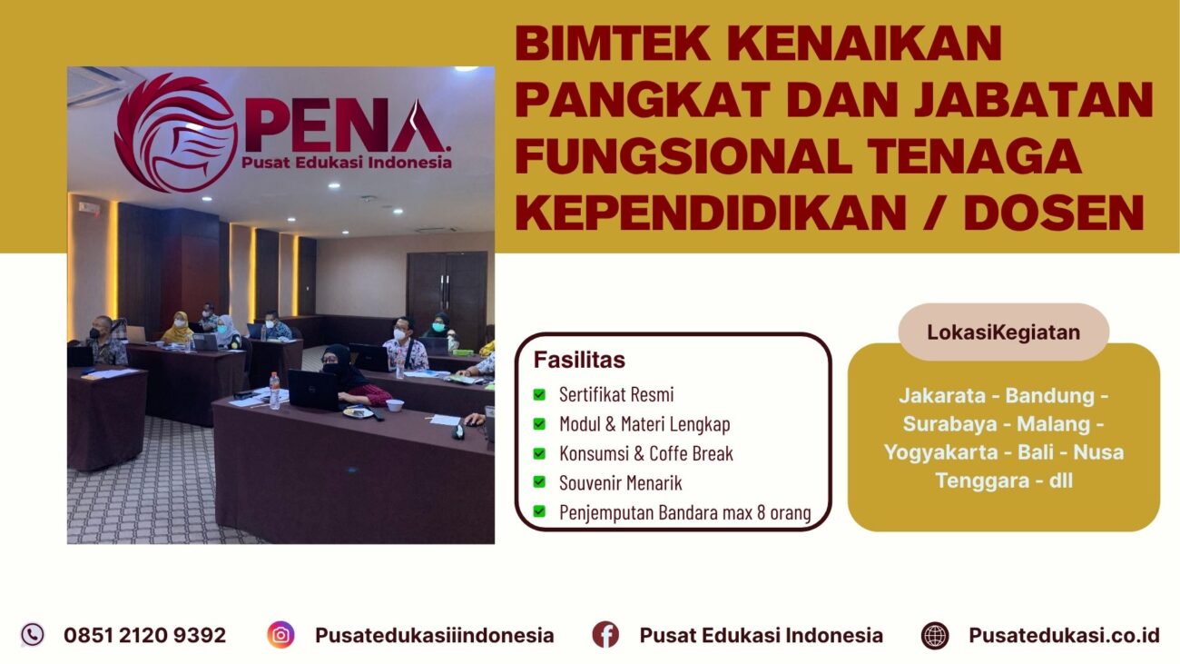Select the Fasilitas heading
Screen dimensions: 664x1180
(x=579, y=360)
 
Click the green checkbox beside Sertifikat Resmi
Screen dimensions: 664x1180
(x=539, y=395)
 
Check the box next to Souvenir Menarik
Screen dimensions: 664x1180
(x=539, y=482)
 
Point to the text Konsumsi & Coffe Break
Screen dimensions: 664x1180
(x=645, y=453)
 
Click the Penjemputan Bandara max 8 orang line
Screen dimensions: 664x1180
(x=684, y=512)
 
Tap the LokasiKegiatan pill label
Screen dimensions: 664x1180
(x=1003, y=332)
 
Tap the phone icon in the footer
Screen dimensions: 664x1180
(x=33, y=634)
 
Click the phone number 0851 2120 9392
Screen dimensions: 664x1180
(x=144, y=635)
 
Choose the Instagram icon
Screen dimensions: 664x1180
(x=281, y=635)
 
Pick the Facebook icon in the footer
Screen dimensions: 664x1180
(x=605, y=635)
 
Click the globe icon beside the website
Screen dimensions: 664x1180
(x=934, y=635)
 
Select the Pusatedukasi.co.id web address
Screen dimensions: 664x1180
(x=1064, y=635)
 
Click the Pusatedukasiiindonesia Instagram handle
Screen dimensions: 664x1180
(x=434, y=635)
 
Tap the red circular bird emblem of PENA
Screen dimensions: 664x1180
(x=175, y=134)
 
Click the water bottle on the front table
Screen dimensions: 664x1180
(x=274, y=390)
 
